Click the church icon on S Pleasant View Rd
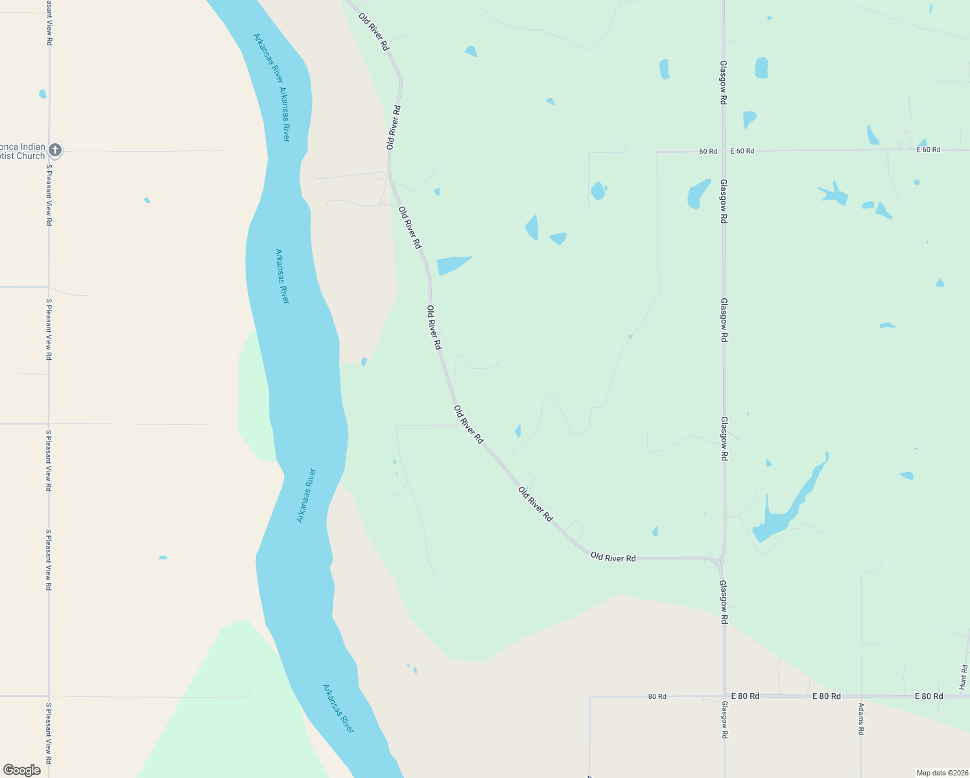pos(55,150)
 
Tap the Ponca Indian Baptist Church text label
pos(23,151)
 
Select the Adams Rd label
pos(861,718)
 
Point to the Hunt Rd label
pos(964,677)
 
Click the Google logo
pos(22,770)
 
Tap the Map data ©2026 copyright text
pos(941,773)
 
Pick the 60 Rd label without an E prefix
pos(708,152)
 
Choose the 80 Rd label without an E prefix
pos(657,697)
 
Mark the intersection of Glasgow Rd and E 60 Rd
pos(724,151)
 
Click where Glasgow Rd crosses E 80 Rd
pos(724,696)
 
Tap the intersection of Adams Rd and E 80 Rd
pos(861,696)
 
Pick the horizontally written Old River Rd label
pos(613,558)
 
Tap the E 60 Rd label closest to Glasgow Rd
pos(742,151)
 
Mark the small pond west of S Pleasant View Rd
pos(43,94)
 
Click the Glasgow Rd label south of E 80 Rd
pos(724,720)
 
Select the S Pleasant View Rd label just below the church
pos(49,194)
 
